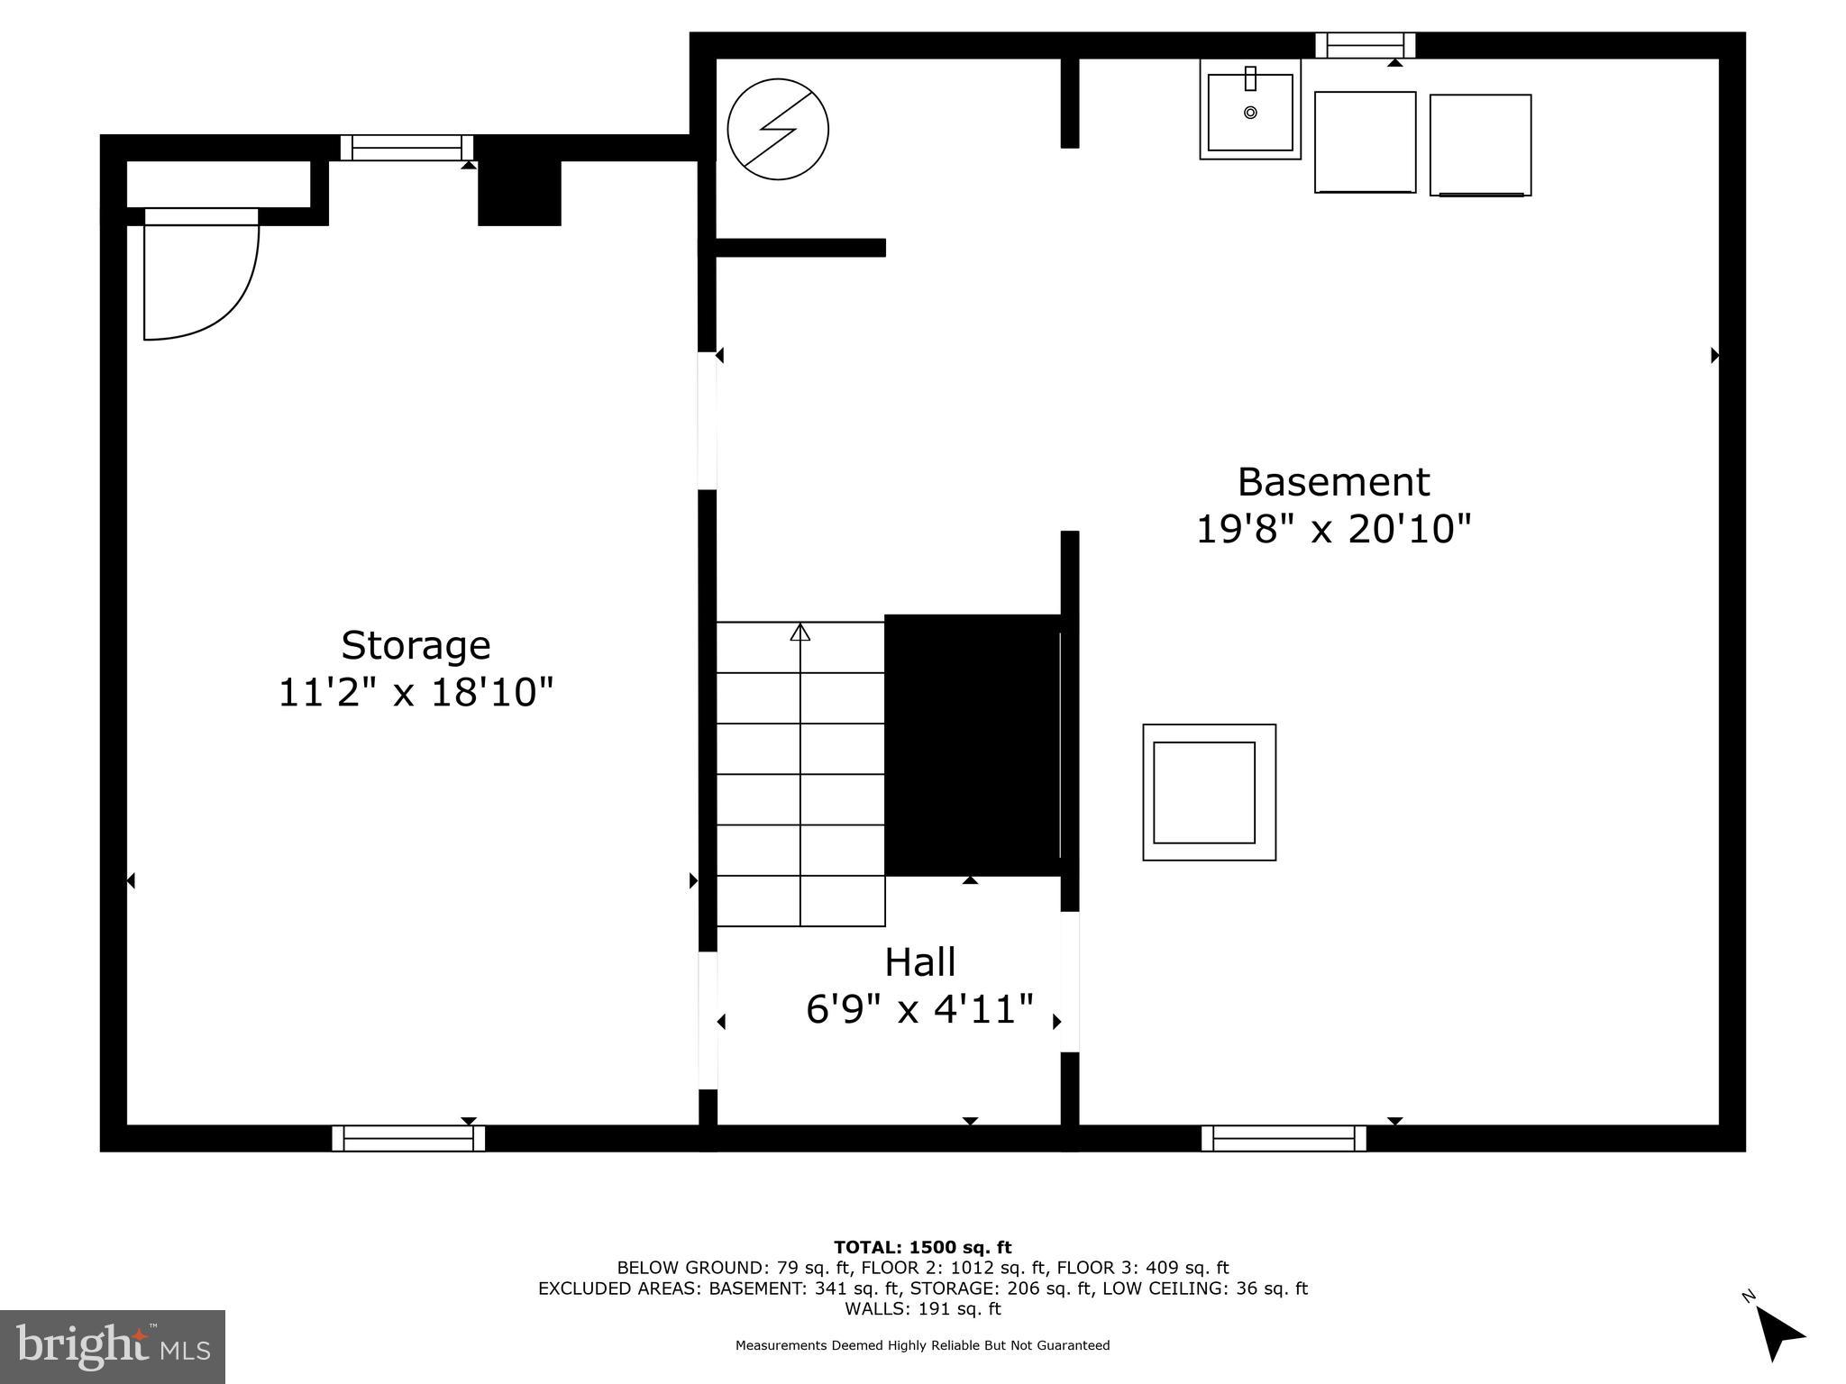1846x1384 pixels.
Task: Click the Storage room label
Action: point(416,645)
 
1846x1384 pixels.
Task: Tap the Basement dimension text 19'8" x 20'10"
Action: point(1332,529)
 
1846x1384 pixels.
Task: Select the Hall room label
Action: point(919,962)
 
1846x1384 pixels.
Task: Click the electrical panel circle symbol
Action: point(778,130)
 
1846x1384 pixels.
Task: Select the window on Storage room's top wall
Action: point(407,148)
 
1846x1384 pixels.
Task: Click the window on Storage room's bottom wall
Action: point(408,1139)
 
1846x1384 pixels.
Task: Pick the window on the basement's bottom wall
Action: point(1284,1139)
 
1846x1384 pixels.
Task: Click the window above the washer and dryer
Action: point(1365,45)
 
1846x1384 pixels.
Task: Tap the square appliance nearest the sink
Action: point(1365,142)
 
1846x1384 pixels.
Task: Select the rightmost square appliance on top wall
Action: point(1480,145)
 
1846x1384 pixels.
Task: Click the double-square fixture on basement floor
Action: point(1209,792)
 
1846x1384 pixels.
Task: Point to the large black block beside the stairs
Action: point(972,744)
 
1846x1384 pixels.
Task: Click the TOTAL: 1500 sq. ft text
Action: point(922,1247)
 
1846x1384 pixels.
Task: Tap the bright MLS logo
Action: point(113,1346)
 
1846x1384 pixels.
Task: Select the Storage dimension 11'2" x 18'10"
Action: point(416,693)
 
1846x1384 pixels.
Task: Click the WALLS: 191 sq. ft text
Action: point(922,1308)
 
